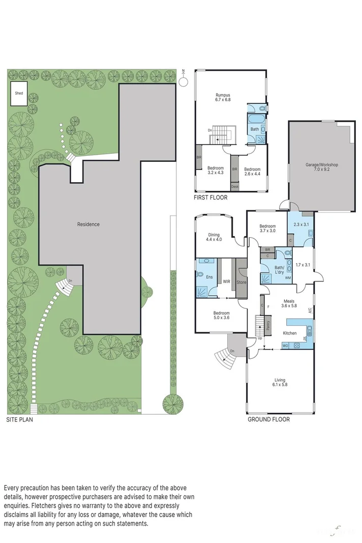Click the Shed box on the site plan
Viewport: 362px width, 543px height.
pyautogui.click(x=19, y=94)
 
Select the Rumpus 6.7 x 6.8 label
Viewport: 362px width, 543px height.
pyautogui.click(x=223, y=97)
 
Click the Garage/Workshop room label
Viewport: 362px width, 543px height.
pyautogui.click(x=321, y=167)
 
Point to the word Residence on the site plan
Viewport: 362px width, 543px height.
pyautogui.click(x=88, y=224)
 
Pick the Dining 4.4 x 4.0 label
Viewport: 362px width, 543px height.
pyautogui.click(x=214, y=236)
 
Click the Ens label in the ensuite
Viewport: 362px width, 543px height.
pyautogui.click(x=209, y=277)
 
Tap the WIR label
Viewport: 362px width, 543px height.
pyautogui.click(x=224, y=280)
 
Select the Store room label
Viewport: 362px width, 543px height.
pyautogui.click(x=242, y=281)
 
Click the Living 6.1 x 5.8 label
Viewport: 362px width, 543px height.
pyautogui.click(x=280, y=383)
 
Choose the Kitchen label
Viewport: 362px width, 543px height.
pyautogui.click(x=290, y=333)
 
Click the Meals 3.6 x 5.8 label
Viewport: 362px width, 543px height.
pyautogui.click(x=289, y=303)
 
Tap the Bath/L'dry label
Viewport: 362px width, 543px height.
pyautogui.click(x=279, y=270)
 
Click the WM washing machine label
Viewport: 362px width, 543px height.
pyautogui.click(x=287, y=277)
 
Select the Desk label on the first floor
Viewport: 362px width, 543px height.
pyautogui.click(x=234, y=187)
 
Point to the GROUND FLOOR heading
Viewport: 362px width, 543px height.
pyautogui.click(x=268, y=420)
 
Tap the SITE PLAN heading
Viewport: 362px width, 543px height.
pyautogui.click(x=20, y=420)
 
